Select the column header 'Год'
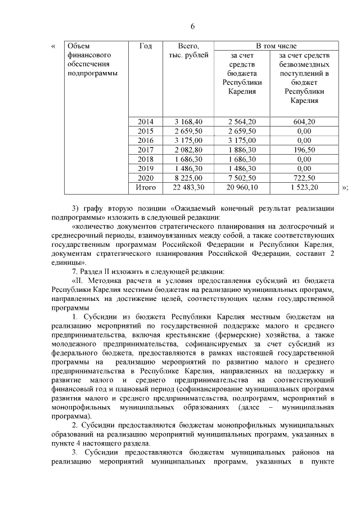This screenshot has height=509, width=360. [145, 46]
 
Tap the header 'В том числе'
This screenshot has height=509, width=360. [277, 46]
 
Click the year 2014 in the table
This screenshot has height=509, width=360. [145, 121]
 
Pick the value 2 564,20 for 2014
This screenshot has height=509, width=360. [242, 121]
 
